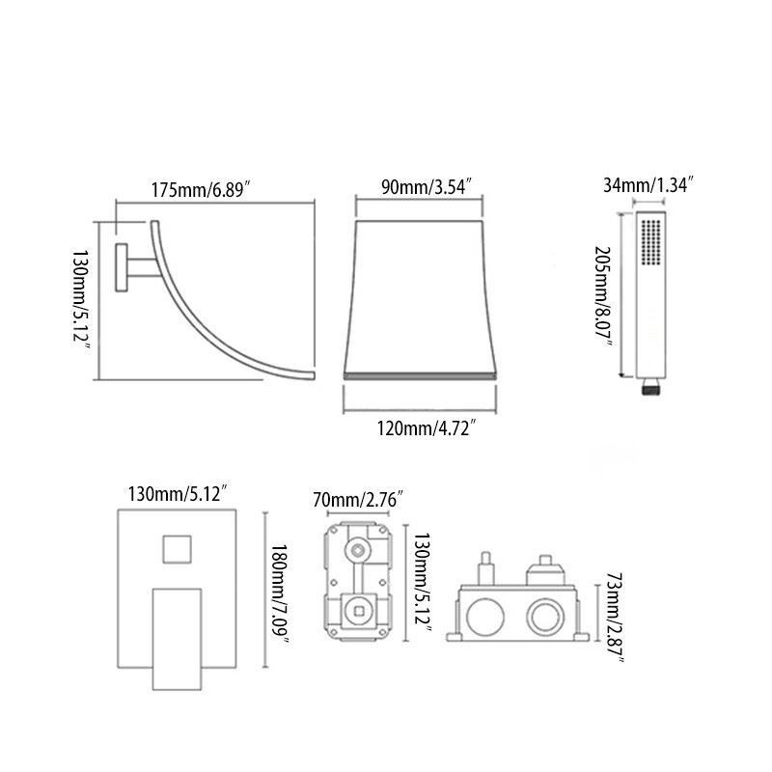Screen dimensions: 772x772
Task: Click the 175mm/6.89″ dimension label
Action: click(x=201, y=189)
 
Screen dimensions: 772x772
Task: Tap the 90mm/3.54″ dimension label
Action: click(x=427, y=187)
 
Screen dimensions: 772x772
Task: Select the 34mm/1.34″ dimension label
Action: click(x=648, y=185)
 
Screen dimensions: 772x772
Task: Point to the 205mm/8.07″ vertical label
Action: click(x=604, y=296)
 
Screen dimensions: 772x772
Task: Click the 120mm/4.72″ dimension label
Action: click(x=427, y=427)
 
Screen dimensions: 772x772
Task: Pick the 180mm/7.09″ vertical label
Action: click(x=279, y=593)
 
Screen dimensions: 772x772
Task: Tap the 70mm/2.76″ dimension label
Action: click(x=358, y=500)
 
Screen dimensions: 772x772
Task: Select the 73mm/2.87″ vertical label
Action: click(x=615, y=618)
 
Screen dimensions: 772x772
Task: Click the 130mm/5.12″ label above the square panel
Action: click(x=178, y=493)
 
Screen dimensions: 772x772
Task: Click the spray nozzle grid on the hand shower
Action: click(x=650, y=242)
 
